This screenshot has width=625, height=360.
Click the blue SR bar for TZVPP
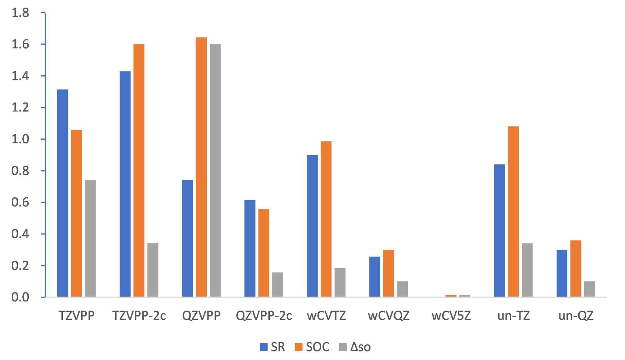[x=63, y=193]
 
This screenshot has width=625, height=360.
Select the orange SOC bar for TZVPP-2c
[x=139, y=170]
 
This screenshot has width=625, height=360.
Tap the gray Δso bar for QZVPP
[x=215, y=170]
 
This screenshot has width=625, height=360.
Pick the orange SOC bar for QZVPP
[x=201, y=167]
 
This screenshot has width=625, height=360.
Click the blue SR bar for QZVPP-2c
[x=250, y=248]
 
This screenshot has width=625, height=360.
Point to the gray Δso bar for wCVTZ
[x=340, y=282]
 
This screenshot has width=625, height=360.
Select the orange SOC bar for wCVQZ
[x=388, y=273]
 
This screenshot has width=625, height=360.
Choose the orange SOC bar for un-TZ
[x=513, y=212]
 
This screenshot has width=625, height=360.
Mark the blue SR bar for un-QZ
[x=562, y=273]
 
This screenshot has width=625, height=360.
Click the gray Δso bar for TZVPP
[x=90, y=238]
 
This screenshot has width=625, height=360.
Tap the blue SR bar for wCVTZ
[x=312, y=226]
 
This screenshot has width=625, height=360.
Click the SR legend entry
[x=272, y=347]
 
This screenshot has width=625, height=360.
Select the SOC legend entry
[x=312, y=347]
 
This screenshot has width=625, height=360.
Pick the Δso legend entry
[x=355, y=347]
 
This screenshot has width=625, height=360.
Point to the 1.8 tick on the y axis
[x=20, y=13]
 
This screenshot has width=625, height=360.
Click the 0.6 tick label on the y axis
[x=20, y=202]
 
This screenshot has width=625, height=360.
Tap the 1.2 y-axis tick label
[x=20, y=107]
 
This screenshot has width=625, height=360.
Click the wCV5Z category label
[x=451, y=316]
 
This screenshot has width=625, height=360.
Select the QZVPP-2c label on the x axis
[x=264, y=316]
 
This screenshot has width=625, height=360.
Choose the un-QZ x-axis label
[x=576, y=316]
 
